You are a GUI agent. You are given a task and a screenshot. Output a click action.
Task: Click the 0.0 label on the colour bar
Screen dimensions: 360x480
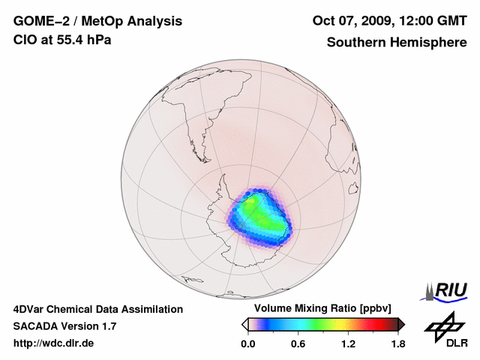click(x=247, y=344)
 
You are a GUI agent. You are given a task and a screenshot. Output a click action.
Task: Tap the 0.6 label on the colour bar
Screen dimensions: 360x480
click(x=298, y=344)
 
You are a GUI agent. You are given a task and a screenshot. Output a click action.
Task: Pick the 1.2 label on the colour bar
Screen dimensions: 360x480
click(x=348, y=344)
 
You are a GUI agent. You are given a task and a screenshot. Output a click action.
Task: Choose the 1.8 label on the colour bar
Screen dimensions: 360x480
click(x=397, y=344)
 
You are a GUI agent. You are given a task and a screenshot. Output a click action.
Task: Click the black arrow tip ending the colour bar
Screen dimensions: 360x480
click(x=401, y=324)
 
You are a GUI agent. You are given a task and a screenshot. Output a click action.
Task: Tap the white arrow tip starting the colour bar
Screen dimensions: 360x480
click(x=244, y=324)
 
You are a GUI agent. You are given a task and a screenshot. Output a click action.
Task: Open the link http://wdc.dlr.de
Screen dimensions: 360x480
click(x=54, y=343)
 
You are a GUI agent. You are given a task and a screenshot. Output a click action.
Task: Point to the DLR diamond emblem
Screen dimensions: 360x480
click(x=442, y=326)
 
